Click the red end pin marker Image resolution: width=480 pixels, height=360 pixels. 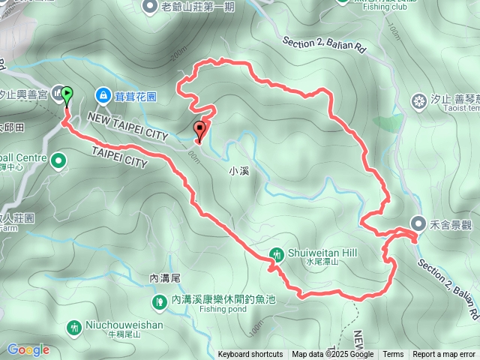199,130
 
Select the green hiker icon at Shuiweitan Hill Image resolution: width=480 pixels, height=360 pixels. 277,253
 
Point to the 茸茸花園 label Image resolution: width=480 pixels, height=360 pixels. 136,96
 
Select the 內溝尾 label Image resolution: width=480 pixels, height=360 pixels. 165,277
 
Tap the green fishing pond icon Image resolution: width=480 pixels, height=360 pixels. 159,301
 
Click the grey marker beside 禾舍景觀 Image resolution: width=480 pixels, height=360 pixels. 419,223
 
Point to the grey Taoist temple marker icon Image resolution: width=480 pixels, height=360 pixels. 419,100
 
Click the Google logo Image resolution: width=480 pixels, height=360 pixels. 28,349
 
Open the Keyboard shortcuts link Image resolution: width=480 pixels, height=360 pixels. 250,355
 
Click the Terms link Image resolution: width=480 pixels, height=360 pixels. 393,355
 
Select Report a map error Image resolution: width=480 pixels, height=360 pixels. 444,355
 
